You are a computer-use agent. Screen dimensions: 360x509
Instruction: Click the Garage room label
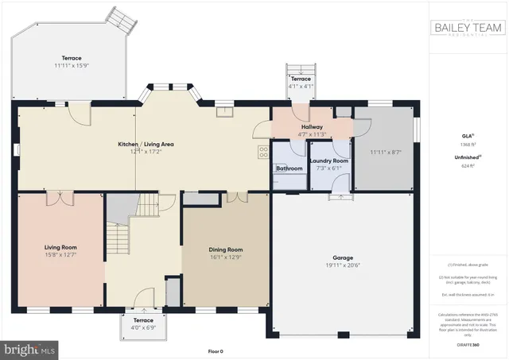[342, 257]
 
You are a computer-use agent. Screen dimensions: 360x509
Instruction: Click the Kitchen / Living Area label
[146, 145]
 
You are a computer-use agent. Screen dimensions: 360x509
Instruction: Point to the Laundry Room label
[328, 160]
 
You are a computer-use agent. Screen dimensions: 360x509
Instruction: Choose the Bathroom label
[289, 168]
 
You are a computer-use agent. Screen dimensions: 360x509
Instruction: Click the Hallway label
[312, 126]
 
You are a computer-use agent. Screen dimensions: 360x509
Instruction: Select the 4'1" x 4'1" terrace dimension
[301, 86]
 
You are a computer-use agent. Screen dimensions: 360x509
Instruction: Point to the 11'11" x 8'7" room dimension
[386, 151]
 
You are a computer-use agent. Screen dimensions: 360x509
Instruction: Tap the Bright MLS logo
[30, 348]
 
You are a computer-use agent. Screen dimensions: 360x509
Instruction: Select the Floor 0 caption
[216, 350]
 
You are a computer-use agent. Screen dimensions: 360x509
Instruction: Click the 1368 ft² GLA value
[468, 144]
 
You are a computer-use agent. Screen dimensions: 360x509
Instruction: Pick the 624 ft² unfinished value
[468, 166]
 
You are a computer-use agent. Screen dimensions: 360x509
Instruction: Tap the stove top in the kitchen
[262, 153]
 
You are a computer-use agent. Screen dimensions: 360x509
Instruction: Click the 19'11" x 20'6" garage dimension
[342, 266]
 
